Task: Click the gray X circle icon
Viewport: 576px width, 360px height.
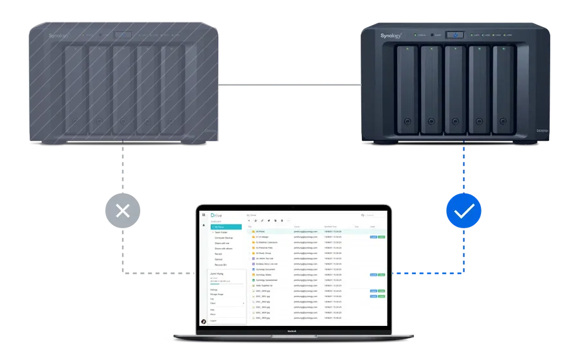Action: [x=123, y=210]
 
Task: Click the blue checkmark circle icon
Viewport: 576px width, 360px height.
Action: [x=464, y=210]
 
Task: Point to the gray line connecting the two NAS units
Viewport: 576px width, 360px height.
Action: [x=289, y=84]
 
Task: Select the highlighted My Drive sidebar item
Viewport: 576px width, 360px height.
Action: [x=225, y=227]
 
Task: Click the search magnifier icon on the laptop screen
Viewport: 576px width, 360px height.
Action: [x=363, y=215]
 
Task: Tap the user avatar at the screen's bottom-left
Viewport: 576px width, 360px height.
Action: [x=204, y=321]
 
